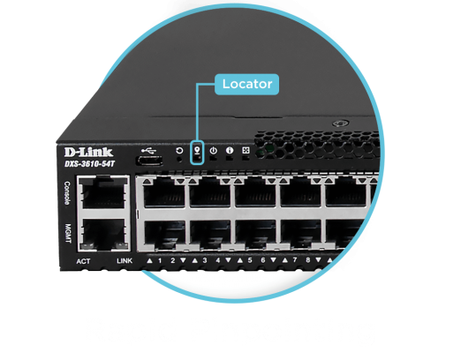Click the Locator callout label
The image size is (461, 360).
tap(246, 85)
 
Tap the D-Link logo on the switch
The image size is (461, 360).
tap(88, 153)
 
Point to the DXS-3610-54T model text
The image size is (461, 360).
tap(89, 164)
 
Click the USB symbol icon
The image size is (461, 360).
tap(148, 151)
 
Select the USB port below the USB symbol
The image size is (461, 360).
tap(149, 161)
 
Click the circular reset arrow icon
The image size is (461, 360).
tap(179, 151)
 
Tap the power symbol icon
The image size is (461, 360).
tap(214, 151)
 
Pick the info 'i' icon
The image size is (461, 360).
tap(230, 150)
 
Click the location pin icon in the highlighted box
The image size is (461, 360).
tap(197, 150)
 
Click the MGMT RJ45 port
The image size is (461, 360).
tap(103, 235)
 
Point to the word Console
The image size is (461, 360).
tap(67, 193)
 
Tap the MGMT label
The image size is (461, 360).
tap(68, 234)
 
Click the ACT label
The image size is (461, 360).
tap(83, 261)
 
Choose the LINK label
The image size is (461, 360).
tap(125, 261)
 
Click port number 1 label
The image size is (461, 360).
tap(160, 260)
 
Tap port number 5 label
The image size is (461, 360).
tap(250, 260)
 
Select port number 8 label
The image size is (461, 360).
tap(308, 260)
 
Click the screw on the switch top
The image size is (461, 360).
tap(341, 124)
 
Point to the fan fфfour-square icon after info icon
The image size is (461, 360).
tap(246, 150)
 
